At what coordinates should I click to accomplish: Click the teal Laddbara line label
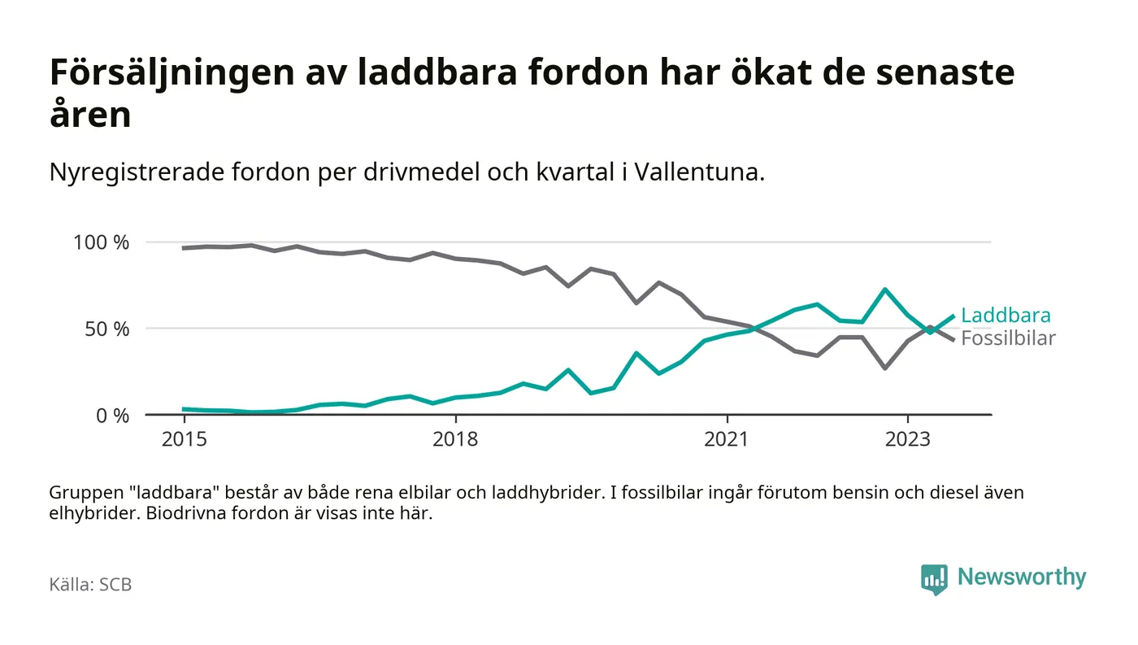(x=1006, y=316)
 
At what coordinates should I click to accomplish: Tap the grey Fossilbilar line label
(x=1008, y=338)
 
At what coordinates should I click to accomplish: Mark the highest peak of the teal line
(x=884, y=290)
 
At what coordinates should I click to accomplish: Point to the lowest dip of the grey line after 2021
(x=884, y=368)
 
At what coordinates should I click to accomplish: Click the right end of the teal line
(x=953, y=316)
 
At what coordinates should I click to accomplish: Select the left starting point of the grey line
(x=184, y=248)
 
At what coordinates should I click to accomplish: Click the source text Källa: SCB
(x=90, y=584)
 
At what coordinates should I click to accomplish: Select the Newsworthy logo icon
(x=934, y=578)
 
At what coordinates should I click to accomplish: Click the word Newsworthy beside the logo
(x=1021, y=577)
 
